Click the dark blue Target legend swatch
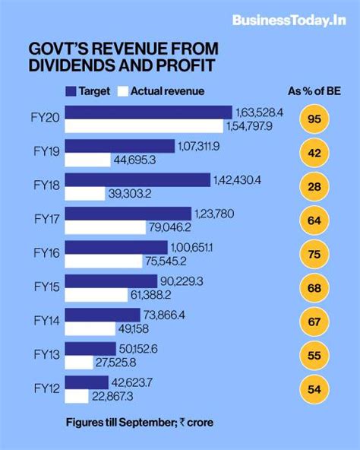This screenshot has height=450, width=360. (74, 91)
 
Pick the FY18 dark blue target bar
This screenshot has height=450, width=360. (137, 179)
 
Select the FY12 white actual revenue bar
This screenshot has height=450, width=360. (76, 396)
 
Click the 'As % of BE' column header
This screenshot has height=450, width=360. (314, 91)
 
